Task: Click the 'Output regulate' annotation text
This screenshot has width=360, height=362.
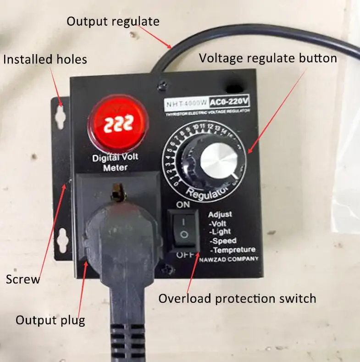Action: tap(113, 22)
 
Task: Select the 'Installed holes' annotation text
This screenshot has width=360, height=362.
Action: tap(45, 59)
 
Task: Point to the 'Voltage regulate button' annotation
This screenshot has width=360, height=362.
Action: tap(268, 58)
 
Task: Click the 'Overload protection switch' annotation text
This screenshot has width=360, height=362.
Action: tap(237, 299)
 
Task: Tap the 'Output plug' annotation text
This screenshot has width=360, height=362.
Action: tap(50, 320)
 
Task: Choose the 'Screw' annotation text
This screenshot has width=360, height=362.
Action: tap(23, 279)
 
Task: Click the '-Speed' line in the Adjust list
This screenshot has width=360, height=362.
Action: tap(223, 241)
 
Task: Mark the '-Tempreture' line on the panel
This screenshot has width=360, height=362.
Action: tap(232, 250)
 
